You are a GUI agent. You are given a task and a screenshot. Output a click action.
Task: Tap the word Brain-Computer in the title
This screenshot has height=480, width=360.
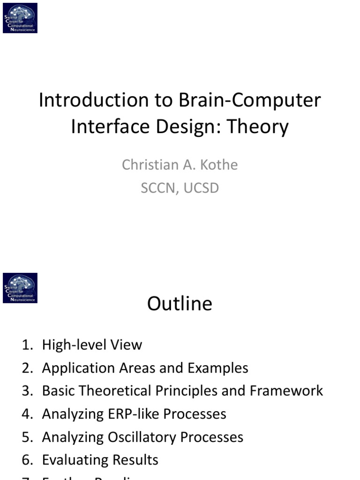250,100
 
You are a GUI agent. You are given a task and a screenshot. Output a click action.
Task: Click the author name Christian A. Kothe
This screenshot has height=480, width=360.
180,165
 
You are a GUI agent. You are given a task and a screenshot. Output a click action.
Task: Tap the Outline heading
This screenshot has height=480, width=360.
180,304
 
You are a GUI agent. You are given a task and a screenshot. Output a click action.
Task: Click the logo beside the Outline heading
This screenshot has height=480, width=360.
20,288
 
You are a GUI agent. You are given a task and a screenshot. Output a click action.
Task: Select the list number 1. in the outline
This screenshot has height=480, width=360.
28,345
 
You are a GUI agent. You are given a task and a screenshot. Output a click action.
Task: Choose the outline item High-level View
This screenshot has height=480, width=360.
92,345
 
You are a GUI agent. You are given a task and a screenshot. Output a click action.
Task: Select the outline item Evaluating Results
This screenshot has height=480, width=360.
100,460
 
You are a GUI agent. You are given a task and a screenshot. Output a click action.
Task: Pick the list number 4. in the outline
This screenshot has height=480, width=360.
28,414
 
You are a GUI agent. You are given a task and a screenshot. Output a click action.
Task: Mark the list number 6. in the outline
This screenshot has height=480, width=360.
28,460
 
